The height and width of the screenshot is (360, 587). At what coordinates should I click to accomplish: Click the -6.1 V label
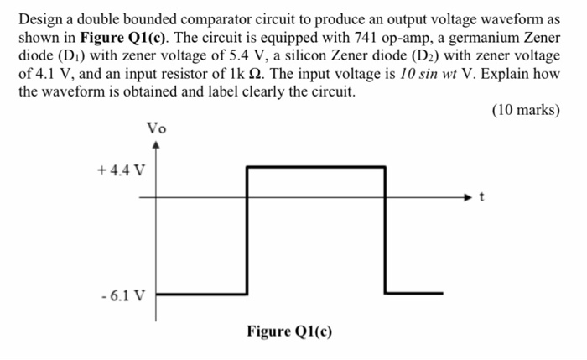point(122,295)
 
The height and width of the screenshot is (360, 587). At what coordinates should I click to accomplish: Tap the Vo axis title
point(156,128)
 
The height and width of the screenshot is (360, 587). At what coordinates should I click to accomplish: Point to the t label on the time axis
point(481,198)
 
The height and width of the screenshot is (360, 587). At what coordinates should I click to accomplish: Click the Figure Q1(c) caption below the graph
point(289,331)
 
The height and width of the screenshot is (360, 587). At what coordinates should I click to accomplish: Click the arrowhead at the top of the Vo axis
point(156,144)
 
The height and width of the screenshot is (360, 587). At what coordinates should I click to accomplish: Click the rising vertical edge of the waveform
point(246,231)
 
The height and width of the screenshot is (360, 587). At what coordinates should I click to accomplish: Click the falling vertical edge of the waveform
point(386,231)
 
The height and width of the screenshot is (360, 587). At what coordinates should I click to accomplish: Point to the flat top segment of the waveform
point(315,167)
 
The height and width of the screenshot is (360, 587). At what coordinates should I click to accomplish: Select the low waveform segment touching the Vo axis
point(200,295)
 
